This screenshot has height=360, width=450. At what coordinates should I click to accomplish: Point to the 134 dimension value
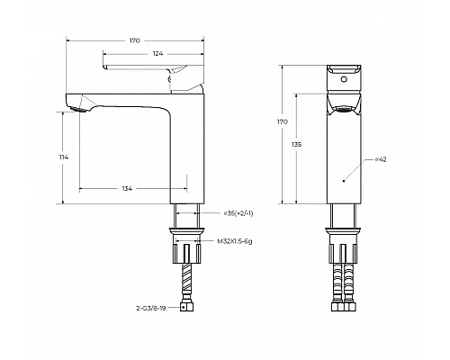pyautogui.click(x=127, y=189)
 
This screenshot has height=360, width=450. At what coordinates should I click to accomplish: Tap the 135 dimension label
pyautogui.click(x=297, y=145)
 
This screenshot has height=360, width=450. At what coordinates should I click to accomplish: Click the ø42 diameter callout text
pyautogui.click(x=381, y=159)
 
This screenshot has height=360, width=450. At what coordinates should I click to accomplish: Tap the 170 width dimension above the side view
pyautogui.click(x=134, y=40)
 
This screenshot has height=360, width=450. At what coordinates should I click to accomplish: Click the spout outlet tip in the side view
pyautogui.click(x=76, y=109)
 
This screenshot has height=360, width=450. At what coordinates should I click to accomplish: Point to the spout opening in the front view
pyautogui.click(x=343, y=111)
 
